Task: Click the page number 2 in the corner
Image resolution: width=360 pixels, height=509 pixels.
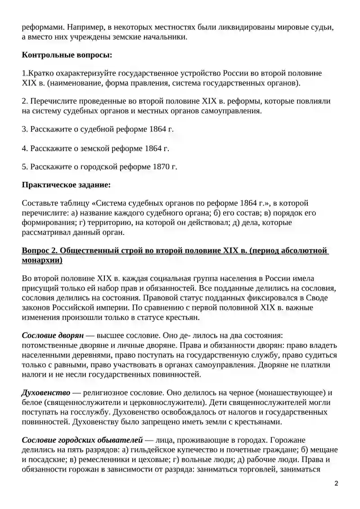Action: pos(336,483)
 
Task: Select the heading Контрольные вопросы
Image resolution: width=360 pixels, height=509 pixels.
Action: pos(67,55)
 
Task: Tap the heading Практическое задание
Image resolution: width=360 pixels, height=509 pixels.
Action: pos(66,185)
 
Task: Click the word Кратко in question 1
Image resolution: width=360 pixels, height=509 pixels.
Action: pos(41,73)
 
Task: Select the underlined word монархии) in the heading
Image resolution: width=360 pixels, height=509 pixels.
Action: pos(42,260)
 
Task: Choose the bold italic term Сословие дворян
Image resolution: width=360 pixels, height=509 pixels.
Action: pos(52,336)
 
